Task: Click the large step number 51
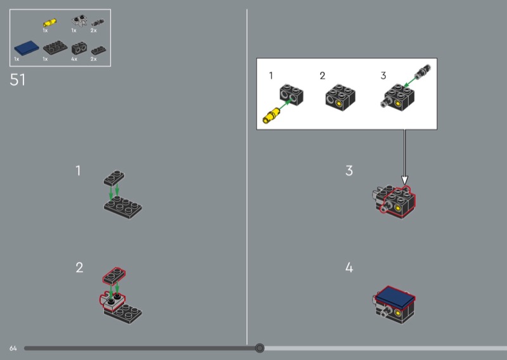pyautogui.click(x=18, y=80)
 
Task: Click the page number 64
pyautogui.click(x=13, y=348)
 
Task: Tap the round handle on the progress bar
pyautogui.click(x=259, y=347)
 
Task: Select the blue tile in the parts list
pyautogui.click(x=26, y=48)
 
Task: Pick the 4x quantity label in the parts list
pyautogui.click(x=74, y=58)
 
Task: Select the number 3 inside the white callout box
pyautogui.click(x=383, y=75)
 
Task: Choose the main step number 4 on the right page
pyautogui.click(x=349, y=268)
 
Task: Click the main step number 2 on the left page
pyautogui.click(x=79, y=267)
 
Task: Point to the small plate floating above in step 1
pyautogui.click(x=115, y=176)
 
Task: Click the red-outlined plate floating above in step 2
pyautogui.click(x=115, y=274)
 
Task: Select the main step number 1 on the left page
pyautogui.click(x=79, y=170)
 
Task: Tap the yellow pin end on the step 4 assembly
pyautogui.click(x=397, y=312)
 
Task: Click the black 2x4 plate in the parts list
pyautogui.click(x=54, y=48)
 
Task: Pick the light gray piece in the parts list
pyautogui.click(x=79, y=21)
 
